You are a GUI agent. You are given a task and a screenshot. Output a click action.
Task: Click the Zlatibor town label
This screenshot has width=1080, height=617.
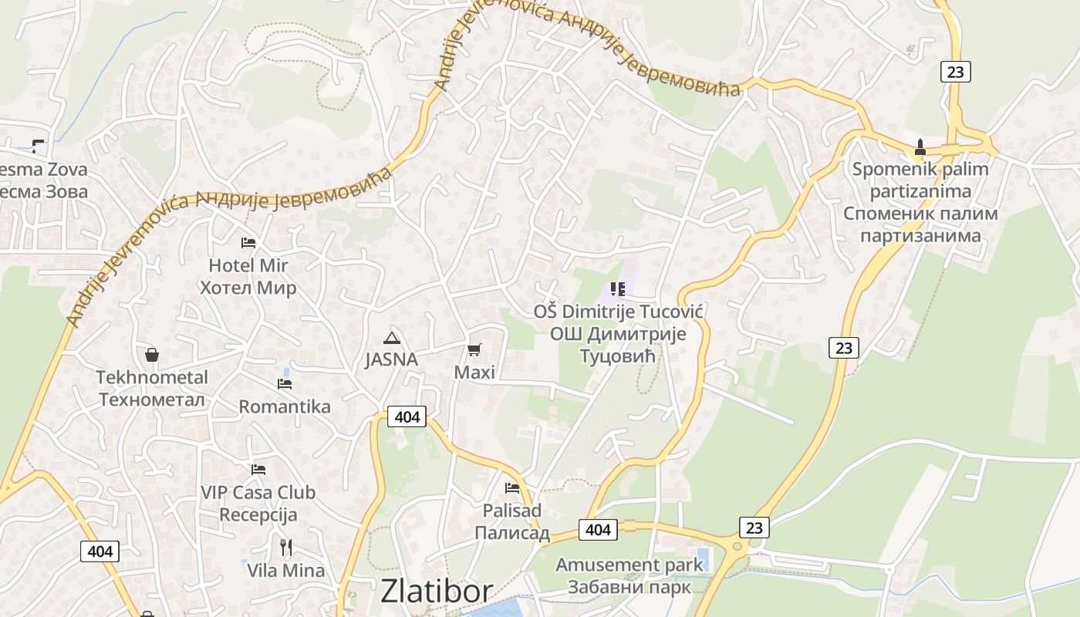tap(437, 592)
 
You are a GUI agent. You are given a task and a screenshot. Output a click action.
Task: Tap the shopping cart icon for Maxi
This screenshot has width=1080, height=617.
tap(474, 350)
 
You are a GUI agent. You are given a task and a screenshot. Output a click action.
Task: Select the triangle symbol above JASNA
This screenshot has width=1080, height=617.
tap(392, 337)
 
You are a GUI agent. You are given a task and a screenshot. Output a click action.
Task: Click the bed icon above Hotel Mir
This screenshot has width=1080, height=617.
tap(248, 243)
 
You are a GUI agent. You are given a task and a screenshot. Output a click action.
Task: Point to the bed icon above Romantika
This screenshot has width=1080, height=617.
tap(285, 384)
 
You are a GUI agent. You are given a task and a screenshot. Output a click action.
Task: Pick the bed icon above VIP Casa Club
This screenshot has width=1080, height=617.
tap(258, 469)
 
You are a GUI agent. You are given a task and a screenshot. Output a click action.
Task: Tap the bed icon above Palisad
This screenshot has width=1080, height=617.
tap(511, 487)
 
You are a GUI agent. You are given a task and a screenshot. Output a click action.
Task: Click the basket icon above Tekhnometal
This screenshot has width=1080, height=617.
tap(152, 355)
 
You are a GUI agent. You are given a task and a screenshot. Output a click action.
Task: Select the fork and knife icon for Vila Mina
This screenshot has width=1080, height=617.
tap(286, 548)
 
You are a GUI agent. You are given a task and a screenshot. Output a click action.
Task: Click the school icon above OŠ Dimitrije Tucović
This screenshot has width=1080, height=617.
tap(617, 289)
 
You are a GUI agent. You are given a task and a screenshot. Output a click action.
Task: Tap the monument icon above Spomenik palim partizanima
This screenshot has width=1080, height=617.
tap(920, 147)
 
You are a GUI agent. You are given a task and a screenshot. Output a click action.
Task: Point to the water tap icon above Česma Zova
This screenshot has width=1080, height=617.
tap(37, 145)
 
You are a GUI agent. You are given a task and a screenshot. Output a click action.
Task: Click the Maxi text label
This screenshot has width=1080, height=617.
tap(474, 373)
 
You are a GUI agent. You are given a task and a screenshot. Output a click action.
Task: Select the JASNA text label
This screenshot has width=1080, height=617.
tap(391, 359)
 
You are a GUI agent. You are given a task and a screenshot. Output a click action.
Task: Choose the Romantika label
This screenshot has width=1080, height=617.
tap(285, 406)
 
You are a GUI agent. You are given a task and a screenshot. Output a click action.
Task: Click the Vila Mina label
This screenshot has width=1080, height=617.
tap(286, 571)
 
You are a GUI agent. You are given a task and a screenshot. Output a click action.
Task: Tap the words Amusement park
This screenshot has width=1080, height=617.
tap(629, 565)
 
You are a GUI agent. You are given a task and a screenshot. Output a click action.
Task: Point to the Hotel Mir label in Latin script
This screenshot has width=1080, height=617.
tap(248, 265)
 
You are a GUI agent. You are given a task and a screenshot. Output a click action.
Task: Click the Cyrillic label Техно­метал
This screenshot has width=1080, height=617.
tap(152, 400)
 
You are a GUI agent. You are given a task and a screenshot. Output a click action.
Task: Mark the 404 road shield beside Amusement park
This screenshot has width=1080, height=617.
tap(598, 529)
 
